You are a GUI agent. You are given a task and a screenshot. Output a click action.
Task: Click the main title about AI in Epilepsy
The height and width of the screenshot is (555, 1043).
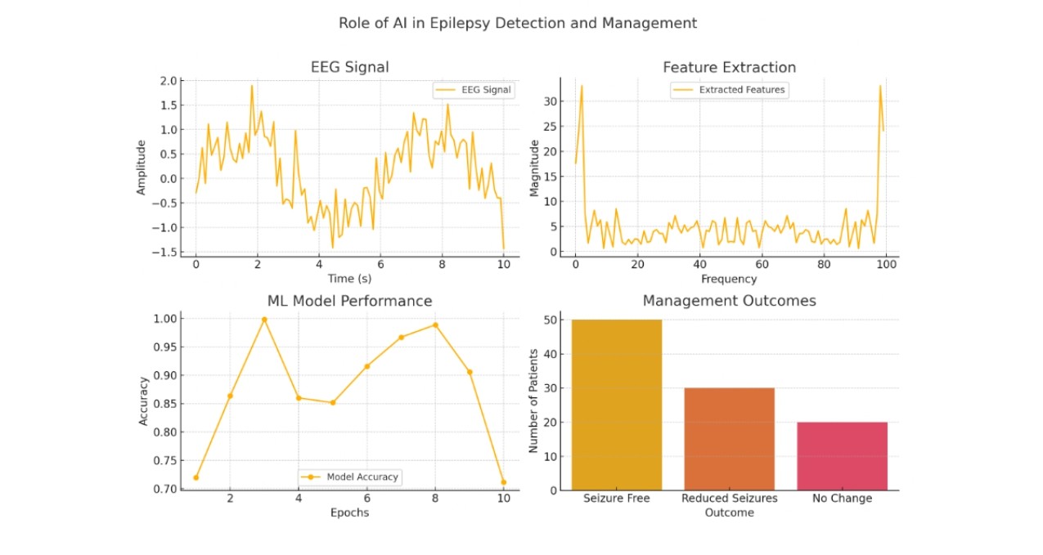pyautogui.click(x=518, y=23)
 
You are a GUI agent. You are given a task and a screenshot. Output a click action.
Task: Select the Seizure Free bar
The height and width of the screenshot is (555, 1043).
pyautogui.click(x=617, y=405)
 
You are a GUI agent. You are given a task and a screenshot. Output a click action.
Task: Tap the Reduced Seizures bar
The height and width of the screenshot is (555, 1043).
pyautogui.click(x=729, y=439)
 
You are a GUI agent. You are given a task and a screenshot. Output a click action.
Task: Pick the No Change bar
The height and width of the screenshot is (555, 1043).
pyautogui.click(x=842, y=456)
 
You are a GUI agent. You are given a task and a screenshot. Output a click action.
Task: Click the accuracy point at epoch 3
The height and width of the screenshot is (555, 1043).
pyautogui.click(x=264, y=320)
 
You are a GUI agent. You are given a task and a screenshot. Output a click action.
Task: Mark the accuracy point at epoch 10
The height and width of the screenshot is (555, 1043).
pyautogui.click(x=503, y=482)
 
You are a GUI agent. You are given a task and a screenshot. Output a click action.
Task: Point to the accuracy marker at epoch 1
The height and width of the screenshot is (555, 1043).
pyautogui.click(x=196, y=477)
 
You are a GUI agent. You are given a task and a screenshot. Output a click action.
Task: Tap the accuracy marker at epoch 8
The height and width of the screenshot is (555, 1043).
pyautogui.click(x=435, y=324)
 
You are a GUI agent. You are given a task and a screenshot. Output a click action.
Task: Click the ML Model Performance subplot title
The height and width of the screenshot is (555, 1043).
pyautogui.click(x=349, y=301)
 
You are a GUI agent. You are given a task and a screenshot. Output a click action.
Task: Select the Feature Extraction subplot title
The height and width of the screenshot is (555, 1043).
pyautogui.click(x=729, y=67)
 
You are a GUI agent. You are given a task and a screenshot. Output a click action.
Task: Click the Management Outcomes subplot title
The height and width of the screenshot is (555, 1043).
pyautogui.click(x=729, y=301)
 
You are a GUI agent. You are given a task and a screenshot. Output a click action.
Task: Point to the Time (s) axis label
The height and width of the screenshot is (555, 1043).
pyautogui.click(x=349, y=279)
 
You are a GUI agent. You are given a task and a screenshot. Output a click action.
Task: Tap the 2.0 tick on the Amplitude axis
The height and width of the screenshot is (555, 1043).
pyautogui.click(x=169, y=81)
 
